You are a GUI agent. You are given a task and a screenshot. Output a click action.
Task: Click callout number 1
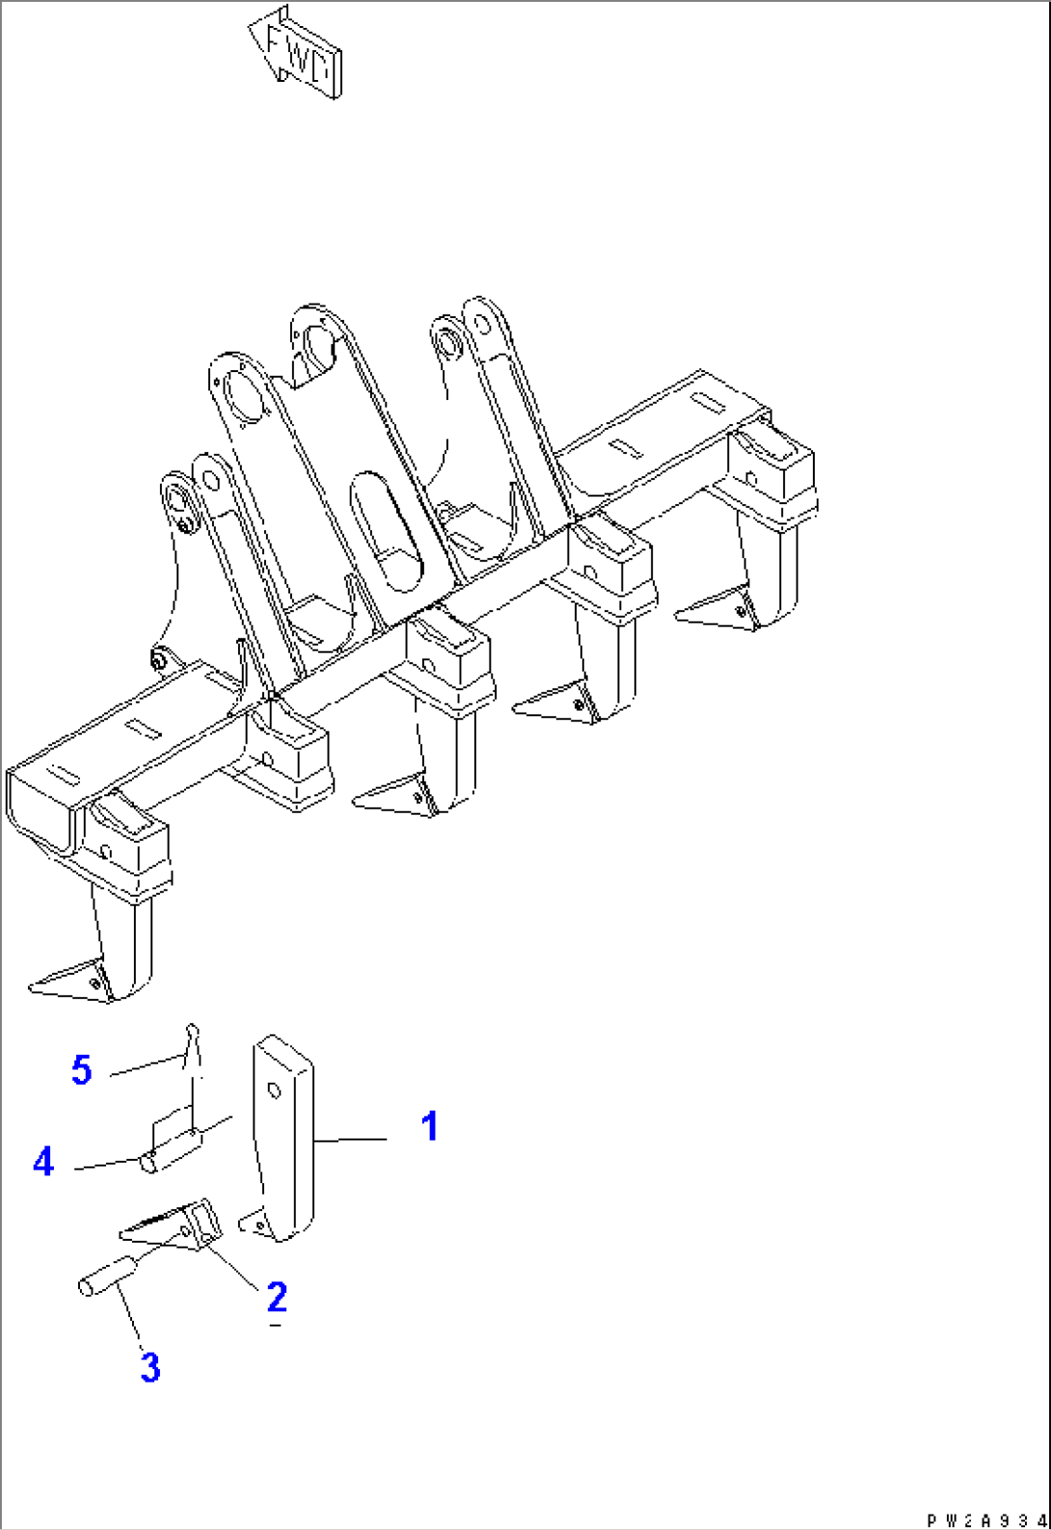pyautogui.click(x=429, y=1126)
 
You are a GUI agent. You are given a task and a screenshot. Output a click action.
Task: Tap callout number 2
pyautogui.click(x=277, y=1296)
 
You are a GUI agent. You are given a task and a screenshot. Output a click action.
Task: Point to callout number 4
pyautogui.click(x=43, y=1162)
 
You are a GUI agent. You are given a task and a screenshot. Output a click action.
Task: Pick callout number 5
pyautogui.click(x=81, y=1069)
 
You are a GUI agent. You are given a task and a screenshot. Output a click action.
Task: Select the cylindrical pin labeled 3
pyautogui.click(x=108, y=1275)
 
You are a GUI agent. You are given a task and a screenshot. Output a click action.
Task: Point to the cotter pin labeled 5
pyautogui.click(x=193, y=1051)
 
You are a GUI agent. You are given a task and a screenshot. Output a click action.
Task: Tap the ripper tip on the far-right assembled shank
pyautogui.click(x=715, y=608)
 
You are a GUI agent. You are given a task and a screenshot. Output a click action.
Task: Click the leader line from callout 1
pyautogui.click(x=350, y=1140)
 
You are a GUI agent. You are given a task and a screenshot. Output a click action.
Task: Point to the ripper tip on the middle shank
pyautogui.click(x=392, y=795)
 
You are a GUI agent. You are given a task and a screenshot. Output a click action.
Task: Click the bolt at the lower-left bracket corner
pyautogui.click(x=158, y=659)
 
